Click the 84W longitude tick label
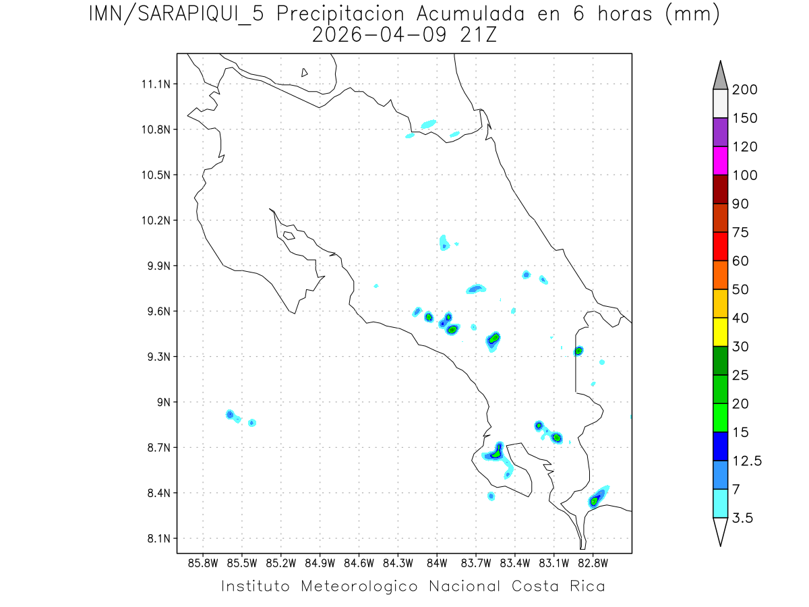pos(437,562)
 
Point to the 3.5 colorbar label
pos(744,518)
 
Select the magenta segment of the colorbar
pos(720,161)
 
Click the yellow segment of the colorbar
pos(720,332)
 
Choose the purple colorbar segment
pos(720,132)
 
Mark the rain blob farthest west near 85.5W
pos(231,414)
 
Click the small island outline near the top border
pos(305,72)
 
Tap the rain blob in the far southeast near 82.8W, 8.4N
pos(595,499)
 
